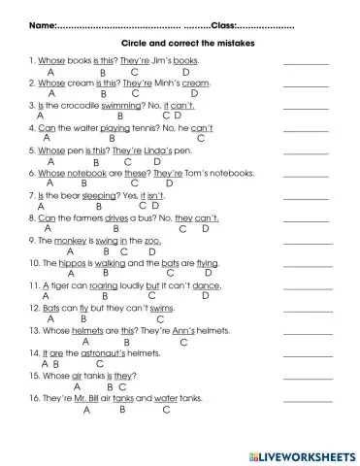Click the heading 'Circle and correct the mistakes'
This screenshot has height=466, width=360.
point(180,44)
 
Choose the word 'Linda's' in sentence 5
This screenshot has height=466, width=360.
point(163,151)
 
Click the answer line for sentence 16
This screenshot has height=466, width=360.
point(307,401)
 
